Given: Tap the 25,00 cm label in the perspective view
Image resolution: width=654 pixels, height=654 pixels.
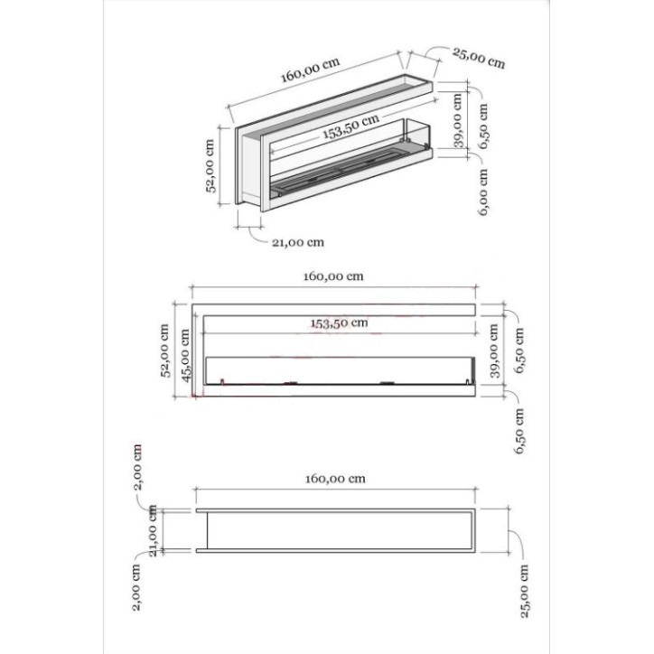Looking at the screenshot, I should coord(479,57).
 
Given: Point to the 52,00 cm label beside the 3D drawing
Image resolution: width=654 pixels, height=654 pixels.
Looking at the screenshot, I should coord(210,166).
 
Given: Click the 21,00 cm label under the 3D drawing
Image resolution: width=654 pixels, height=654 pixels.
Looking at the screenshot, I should coord(297,242).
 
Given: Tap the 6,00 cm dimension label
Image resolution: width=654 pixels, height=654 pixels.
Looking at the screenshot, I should coord(484,192).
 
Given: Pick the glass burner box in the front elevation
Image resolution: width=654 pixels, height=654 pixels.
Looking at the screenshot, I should coord(339,370).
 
